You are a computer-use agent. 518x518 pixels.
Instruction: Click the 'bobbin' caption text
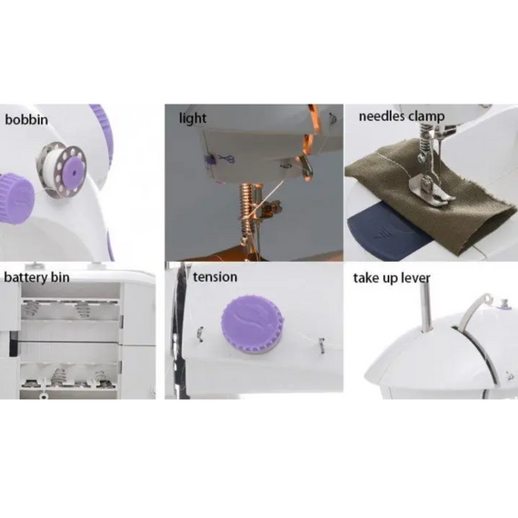27,119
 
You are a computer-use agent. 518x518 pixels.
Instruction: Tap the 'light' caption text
193,118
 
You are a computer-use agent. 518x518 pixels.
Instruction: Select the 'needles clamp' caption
401,116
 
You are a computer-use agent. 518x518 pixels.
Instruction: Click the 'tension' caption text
214,276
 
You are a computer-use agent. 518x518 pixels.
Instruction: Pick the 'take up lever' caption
392,277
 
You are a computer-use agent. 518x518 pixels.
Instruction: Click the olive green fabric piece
454,209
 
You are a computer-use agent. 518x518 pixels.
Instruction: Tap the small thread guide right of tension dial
320,343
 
